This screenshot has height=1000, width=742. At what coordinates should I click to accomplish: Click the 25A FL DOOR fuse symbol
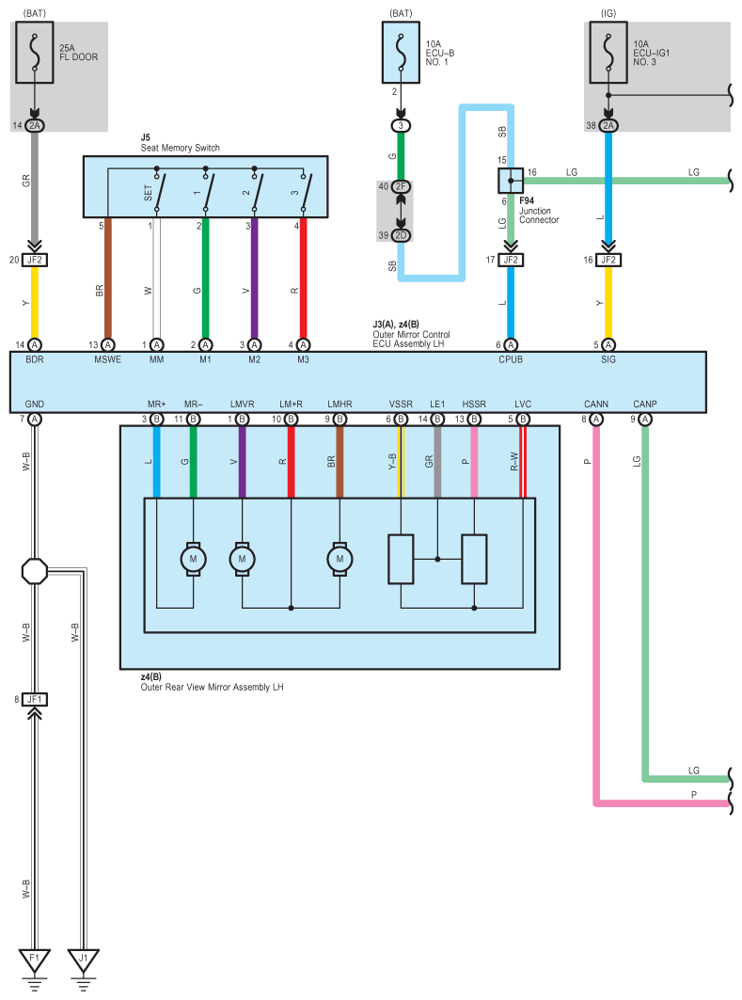click(35, 53)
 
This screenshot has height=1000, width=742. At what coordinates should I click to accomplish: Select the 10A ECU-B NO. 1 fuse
click(401, 53)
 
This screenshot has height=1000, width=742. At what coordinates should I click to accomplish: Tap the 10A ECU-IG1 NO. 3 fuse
click(608, 53)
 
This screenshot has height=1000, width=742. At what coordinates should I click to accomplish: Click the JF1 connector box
click(35, 700)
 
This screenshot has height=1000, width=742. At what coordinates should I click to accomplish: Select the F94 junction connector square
click(511, 181)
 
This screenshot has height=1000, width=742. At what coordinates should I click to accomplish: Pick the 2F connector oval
click(401, 186)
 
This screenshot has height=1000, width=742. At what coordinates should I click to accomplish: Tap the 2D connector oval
click(401, 235)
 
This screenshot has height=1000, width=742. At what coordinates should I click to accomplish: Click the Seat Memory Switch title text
click(181, 148)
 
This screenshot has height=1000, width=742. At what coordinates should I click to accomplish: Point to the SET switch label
click(148, 193)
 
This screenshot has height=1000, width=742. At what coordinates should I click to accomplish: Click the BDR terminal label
click(35, 359)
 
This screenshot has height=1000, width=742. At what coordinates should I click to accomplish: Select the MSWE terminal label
click(108, 359)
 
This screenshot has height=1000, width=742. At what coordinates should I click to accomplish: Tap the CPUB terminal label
click(511, 359)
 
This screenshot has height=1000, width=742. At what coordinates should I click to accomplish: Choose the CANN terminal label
click(596, 405)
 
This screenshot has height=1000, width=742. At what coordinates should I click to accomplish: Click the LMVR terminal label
click(243, 405)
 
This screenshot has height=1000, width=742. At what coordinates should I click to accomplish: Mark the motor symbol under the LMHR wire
click(339, 560)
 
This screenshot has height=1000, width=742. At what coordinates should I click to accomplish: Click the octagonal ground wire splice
click(35, 571)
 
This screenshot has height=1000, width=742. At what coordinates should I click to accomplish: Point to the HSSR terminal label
click(474, 405)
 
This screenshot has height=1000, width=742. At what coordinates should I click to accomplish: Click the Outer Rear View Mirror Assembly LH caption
click(213, 688)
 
